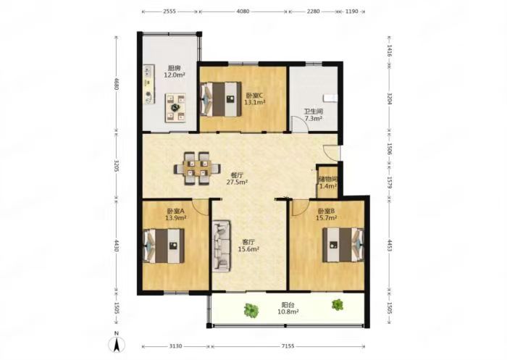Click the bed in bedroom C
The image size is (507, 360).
point(220,99)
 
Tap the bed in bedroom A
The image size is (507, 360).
point(164,246)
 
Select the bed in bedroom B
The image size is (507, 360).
point(343,245)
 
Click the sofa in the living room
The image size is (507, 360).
point(222,246)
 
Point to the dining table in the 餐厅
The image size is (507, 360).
point(197,168)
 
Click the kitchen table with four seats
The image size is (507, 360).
point(175,108)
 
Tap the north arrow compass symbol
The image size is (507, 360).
point(117,343)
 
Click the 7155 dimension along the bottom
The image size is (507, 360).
point(288,346)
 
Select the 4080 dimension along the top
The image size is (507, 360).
point(243,12)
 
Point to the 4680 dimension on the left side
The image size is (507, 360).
point(117,85)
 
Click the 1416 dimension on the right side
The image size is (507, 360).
point(390,51)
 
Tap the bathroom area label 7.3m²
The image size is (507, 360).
point(314,118)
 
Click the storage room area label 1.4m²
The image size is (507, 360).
point(328,186)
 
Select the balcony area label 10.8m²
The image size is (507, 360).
point(288,311)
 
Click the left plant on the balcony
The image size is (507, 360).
point(251,309)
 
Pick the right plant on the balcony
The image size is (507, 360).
point(338,305)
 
